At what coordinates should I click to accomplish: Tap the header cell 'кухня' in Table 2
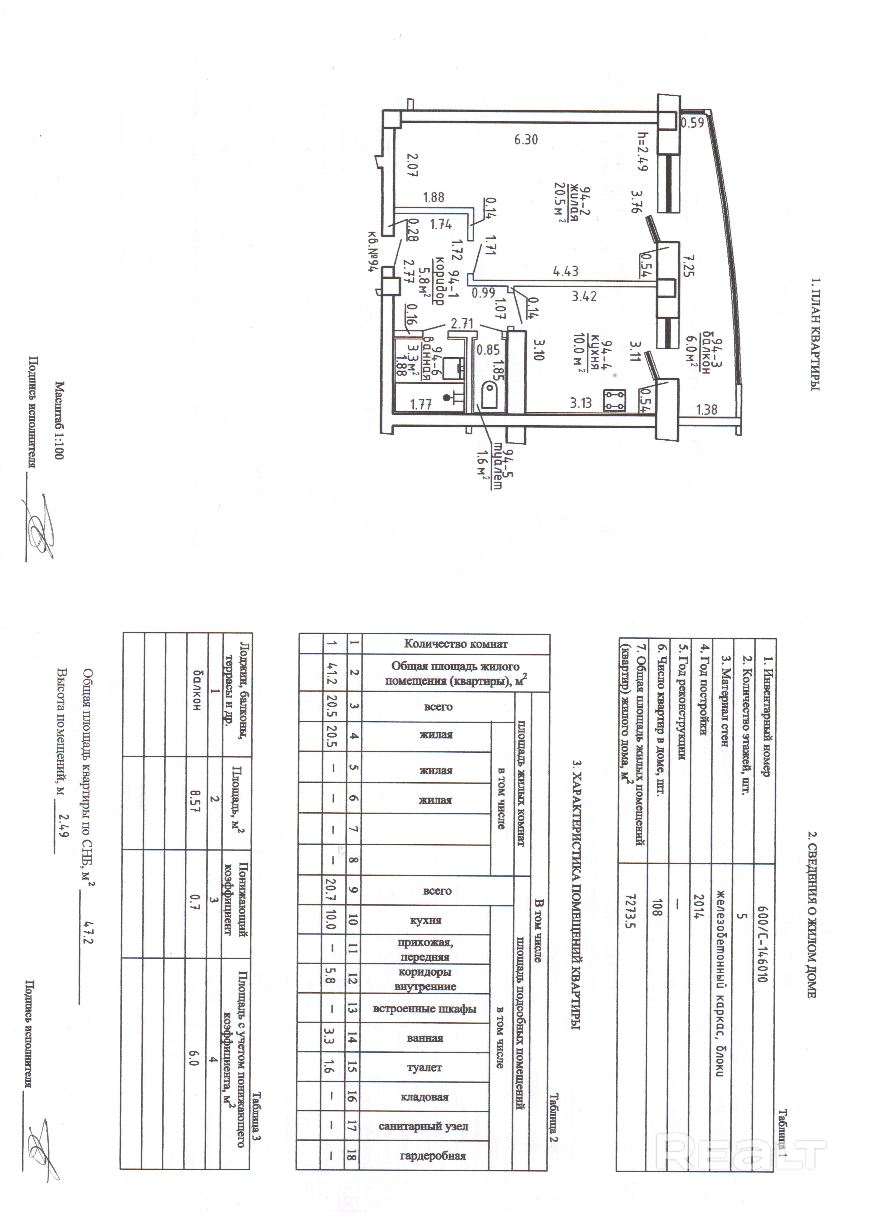(425, 920)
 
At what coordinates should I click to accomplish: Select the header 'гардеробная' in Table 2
(432, 1155)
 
